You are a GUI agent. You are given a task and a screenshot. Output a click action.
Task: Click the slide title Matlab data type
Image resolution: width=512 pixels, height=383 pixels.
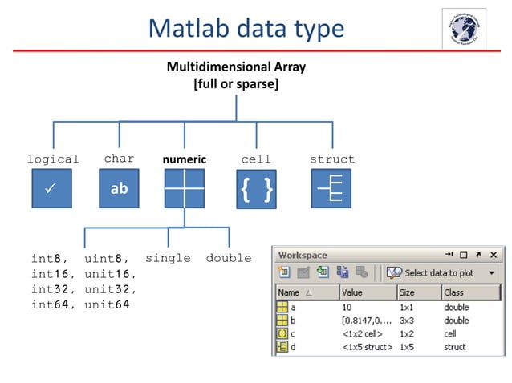pos(246,29)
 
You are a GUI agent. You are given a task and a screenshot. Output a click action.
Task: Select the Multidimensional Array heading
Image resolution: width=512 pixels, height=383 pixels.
pos(235,67)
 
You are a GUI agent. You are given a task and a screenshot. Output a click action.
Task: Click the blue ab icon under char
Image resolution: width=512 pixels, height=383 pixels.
pos(119,189)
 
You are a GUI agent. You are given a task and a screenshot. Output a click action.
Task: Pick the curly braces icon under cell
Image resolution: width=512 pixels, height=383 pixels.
pos(256,189)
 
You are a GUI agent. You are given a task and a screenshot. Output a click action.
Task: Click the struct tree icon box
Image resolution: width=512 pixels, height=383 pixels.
pos(331,189)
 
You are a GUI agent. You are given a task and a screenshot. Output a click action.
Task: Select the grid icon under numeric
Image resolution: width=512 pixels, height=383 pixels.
pos(184,189)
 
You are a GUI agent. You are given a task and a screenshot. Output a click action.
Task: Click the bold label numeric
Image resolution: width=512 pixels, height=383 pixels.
pos(184,159)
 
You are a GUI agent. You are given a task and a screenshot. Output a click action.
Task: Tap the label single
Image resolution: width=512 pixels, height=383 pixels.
pos(168,258)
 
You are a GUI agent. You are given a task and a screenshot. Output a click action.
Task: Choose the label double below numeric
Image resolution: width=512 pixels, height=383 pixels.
pos(228,258)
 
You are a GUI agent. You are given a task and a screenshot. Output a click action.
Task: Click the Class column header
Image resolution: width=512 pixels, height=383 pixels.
pos(454,292)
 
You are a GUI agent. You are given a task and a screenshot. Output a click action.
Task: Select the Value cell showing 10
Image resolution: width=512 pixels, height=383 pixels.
pos(348,308)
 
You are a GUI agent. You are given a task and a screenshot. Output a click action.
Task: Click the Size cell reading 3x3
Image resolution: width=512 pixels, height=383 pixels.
pos(407,321)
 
